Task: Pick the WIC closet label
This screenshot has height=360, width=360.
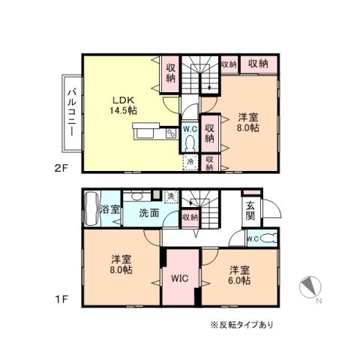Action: point(178,278)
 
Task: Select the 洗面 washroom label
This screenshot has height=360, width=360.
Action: point(148,213)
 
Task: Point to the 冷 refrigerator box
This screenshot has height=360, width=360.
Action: point(190,160)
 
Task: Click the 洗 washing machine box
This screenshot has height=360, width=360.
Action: point(171,196)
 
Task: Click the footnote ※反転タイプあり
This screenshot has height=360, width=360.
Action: point(241,325)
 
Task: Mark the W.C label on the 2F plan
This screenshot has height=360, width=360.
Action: point(190,129)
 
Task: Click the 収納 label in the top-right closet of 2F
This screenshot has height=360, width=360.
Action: point(259,64)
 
